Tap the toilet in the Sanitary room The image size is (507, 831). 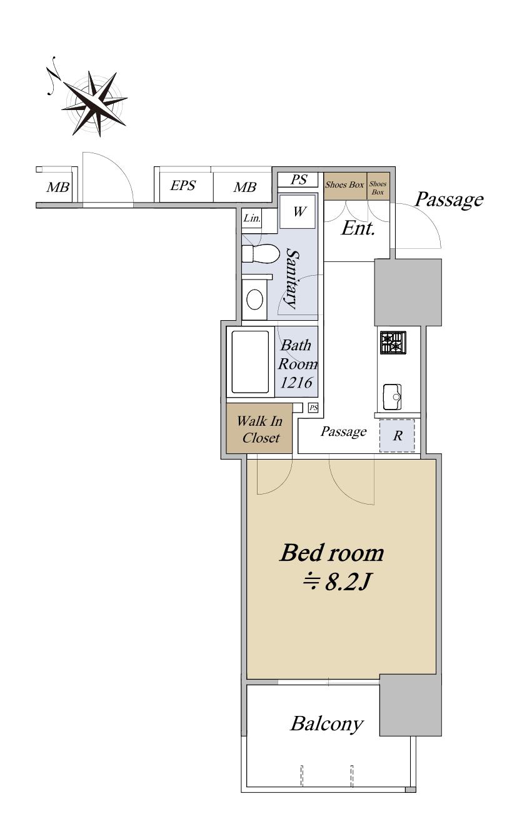click(x=261, y=254)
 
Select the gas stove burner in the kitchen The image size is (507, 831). click(x=393, y=343)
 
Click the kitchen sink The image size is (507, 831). click(x=393, y=396)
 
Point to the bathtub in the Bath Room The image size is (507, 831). click(x=250, y=361)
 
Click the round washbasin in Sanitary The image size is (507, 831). click(x=255, y=300)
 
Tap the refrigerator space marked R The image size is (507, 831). click(x=397, y=436)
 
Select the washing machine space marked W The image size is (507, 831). click(x=298, y=211)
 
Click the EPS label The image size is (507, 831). click(x=183, y=186)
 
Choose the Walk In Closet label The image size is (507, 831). click(x=259, y=430)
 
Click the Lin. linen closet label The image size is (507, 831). click(x=252, y=218)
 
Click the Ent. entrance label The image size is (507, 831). click(x=358, y=228)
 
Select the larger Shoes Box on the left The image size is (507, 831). click(x=345, y=186)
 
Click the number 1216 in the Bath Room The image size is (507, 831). click(x=296, y=383)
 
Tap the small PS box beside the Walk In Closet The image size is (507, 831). click(x=313, y=408)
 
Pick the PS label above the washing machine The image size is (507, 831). click(x=299, y=180)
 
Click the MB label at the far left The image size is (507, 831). click(x=58, y=187)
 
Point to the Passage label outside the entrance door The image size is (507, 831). click(x=449, y=200)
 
